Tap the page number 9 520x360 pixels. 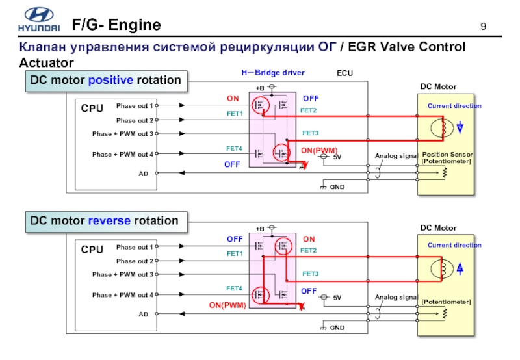pos(483,27)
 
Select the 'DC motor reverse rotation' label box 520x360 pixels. pos(106,221)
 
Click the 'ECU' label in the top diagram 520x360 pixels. pos(344,73)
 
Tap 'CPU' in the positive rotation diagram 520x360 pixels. pos(92,109)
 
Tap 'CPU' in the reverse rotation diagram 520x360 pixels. pos(92,250)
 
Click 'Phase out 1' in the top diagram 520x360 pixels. pos(135,105)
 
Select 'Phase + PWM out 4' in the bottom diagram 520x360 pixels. pos(123,295)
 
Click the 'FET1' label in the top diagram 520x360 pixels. pos(235,114)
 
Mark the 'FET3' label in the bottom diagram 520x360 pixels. pos(311,274)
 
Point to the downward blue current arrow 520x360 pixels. pos(460,127)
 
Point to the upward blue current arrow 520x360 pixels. pos(460,268)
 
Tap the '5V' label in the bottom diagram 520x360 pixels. pos(337,298)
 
